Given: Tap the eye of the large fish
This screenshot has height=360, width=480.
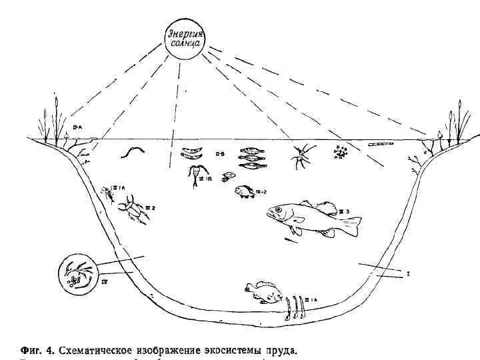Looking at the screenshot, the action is tap(277, 211).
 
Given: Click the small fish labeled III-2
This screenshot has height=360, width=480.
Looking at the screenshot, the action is tap(243, 192).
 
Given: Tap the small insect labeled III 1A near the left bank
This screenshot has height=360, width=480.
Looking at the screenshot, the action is tap(107, 194).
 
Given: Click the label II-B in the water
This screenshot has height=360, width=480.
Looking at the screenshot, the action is tap(219, 155).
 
